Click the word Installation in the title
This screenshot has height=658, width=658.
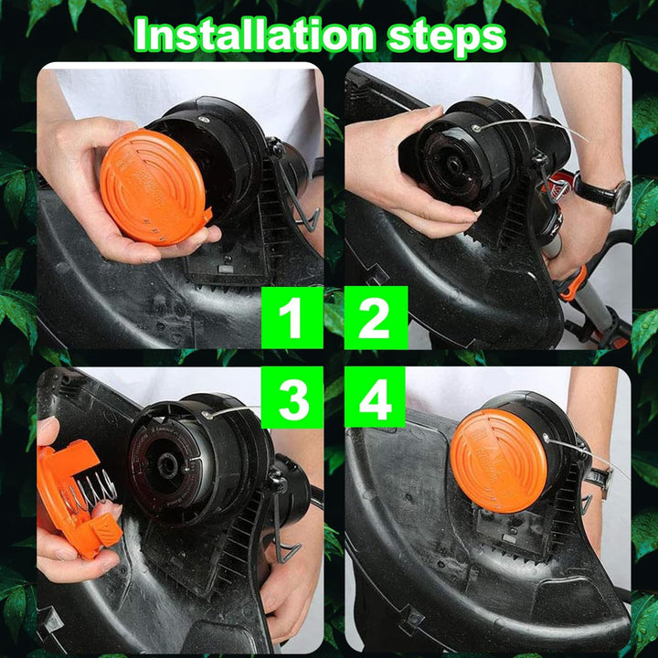[254, 36]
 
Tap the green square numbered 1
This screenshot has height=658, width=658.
[292, 318]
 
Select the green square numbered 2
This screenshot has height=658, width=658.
[376, 318]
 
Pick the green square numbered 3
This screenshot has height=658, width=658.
[292, 398]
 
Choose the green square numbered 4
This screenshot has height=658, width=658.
[375, 397]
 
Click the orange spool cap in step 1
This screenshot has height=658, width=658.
[154, 186]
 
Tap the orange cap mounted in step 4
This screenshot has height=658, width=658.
[499, 461]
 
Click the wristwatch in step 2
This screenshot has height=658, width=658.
[602, 191]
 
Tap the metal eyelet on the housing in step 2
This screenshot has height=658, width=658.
[476, 128]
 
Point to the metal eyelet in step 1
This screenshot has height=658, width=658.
[204, 120]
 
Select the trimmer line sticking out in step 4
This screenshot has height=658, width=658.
[587, 454]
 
